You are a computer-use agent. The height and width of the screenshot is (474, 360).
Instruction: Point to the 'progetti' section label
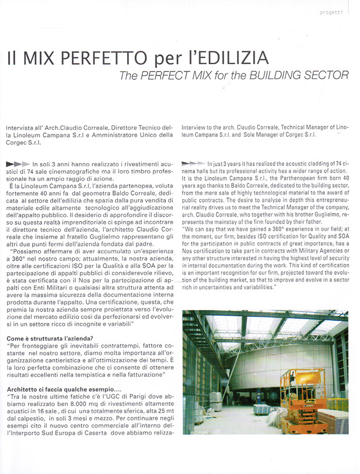(331, 13)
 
